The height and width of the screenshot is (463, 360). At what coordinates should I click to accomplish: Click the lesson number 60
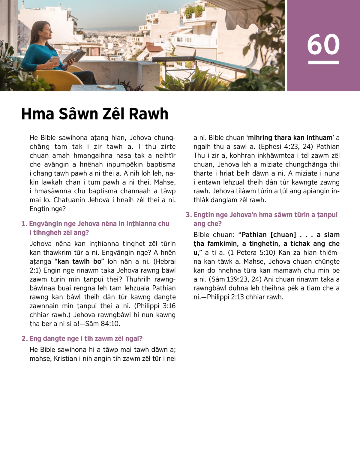[x=323, y=44]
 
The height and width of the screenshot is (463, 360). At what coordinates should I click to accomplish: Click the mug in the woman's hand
[x=55, y=60]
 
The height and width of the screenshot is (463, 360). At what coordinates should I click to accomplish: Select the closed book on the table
[x=107, y=87]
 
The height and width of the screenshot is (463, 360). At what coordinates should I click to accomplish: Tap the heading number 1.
[x=24, y=224]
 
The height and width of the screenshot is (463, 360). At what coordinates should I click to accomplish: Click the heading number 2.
[x=24, y=339]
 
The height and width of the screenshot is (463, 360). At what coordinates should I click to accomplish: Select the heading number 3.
[x=188, y=215]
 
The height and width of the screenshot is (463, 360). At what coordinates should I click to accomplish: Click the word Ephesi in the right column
[x=269, y=147]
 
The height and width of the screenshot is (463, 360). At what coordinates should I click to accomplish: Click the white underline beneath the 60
[x=323, y=62]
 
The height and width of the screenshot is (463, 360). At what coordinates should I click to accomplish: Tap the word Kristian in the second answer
[x=65, y=359]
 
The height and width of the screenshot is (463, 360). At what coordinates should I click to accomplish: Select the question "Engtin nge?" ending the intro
[x=47, y=209]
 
